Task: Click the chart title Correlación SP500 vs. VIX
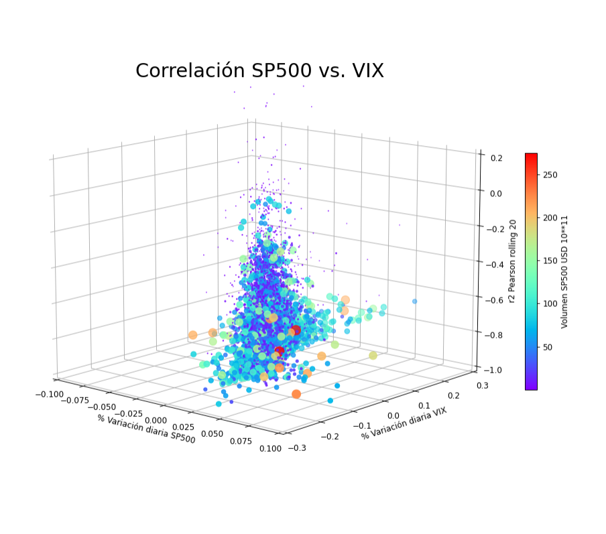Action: pyautogui.click(x=259, y=71)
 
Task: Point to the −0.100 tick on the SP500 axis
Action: pyautogui.click(x=50, y=393)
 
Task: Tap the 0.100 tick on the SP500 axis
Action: pyautogui.click(x=270, y=449)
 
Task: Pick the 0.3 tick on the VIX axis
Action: pyautogui.click(x=482, y=385)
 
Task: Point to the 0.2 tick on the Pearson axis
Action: pyautogui.click(x=497, y=158)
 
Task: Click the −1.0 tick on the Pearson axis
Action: pyautogui.click(x=495, y=370)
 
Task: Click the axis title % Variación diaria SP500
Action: pyautogui.click(x=146, y=429)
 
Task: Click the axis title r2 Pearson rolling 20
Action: pyautogui.click(x=511, y=260)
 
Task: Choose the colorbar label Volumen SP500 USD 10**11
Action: pyautogui.click(x=564, y=271)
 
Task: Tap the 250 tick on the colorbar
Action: pyautogui.click(x=550, y=175)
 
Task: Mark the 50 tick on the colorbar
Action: pyautogui.click(x=548, y=347)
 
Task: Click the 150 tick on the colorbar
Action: pyautogui.click(x=550, y=261)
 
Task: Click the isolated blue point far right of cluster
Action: pyautogui.click(x=414, y=302)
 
